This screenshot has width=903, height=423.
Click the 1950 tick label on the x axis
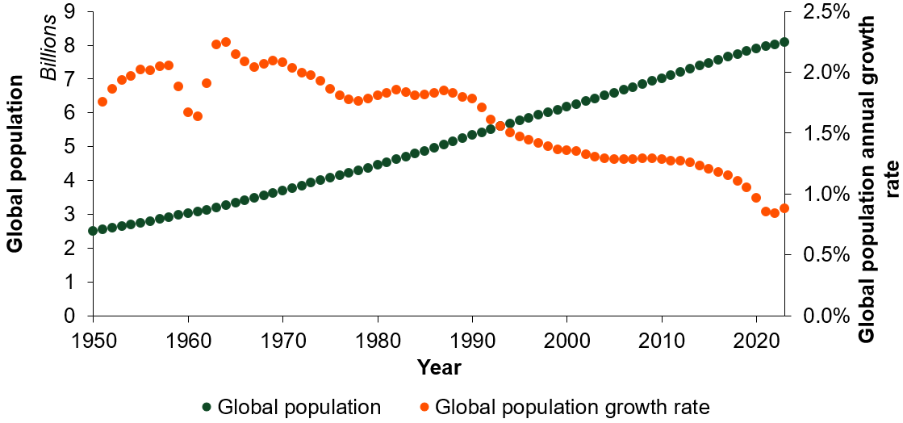(x=93, y=337)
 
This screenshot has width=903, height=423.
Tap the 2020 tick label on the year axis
(x=756, y=337)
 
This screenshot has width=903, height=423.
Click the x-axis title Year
(x=439, y=368)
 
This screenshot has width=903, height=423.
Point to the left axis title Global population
(x=15, y=164)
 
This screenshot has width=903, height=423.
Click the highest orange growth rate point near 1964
(x=226, y=42)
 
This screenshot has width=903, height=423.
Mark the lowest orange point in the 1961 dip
(x=198, y=116)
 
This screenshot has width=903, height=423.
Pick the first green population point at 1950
(x=93, y=231)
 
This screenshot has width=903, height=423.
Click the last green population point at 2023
(x=784, y=42)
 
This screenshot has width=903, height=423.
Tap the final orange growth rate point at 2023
(x=784, y=208)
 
